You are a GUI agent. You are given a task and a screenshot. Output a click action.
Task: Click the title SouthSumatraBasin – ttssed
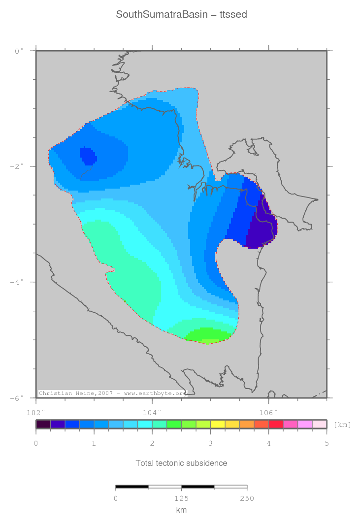(x=181, y=15)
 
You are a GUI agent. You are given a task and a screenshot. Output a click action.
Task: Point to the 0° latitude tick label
(x=19, y=51)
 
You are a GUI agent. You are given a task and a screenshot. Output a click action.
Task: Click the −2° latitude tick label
(x=17, y=166)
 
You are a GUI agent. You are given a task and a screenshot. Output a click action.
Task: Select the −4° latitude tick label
(x=17, y=282)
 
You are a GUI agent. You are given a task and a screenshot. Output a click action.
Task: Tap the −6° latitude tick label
(x=17, y=398)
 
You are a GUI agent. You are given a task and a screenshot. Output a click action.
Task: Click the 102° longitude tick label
(x=36, y=411)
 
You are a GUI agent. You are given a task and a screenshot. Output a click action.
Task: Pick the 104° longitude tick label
(x=152, y=411)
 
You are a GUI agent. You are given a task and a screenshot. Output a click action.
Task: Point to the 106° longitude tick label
(x=268, y=411)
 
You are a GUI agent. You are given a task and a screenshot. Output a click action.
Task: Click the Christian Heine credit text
(x=112, y=393)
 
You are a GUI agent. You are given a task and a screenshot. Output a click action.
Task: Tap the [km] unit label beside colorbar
(x=342, y=424)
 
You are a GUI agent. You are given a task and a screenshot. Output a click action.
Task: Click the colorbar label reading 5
(x=327, y=444)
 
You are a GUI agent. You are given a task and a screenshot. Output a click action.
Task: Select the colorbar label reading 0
(x=36, y=444)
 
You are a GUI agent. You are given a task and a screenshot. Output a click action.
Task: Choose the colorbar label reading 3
(x=210, y=444)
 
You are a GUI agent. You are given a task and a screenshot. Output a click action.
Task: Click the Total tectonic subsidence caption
(x=181, y=463)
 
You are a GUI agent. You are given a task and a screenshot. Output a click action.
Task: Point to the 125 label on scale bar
(x=181, y=498)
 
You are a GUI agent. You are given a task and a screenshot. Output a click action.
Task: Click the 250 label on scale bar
(x=247, y=498)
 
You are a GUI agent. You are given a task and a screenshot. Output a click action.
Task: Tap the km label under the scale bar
(x=181, y=510)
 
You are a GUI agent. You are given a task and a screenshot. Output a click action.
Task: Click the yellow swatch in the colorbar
(x=218, y=424)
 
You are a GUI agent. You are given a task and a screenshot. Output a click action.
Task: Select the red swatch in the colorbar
(x=276, y=424)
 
